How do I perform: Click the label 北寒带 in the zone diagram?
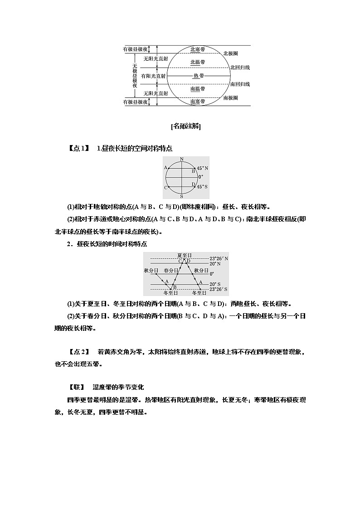tap(197, 49)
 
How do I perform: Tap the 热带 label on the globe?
tap(198, 76)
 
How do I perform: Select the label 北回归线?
tap(240, 67)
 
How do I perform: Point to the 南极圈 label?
tap(230, 98)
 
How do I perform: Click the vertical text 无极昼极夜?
tap(135, 76)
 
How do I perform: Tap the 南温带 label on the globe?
tap(197, 89)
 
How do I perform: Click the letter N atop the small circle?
tap(181, 159)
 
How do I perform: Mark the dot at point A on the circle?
tap(169, 168)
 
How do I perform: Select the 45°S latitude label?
tap(203, 186)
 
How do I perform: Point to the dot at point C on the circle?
tap(169, 187)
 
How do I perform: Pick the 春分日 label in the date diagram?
tap(170, 270)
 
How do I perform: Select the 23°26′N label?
tap(219, 258)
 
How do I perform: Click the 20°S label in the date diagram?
tap(215, 284)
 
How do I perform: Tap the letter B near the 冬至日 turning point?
tap(175, 287)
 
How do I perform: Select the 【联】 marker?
tap(77, 388)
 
